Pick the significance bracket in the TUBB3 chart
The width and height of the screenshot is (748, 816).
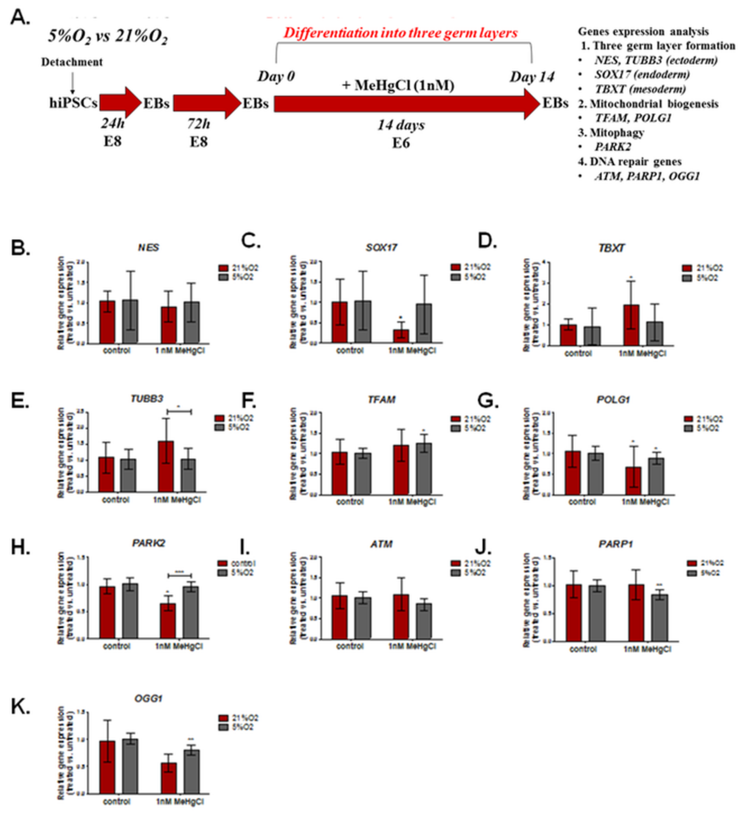pyautogui.click(x=179, y=411)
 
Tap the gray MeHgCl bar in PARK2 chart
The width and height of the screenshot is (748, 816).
pyautogui.click(x=191, y=612)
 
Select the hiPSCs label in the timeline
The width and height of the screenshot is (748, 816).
pyautogui.click(x=73, y=103)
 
